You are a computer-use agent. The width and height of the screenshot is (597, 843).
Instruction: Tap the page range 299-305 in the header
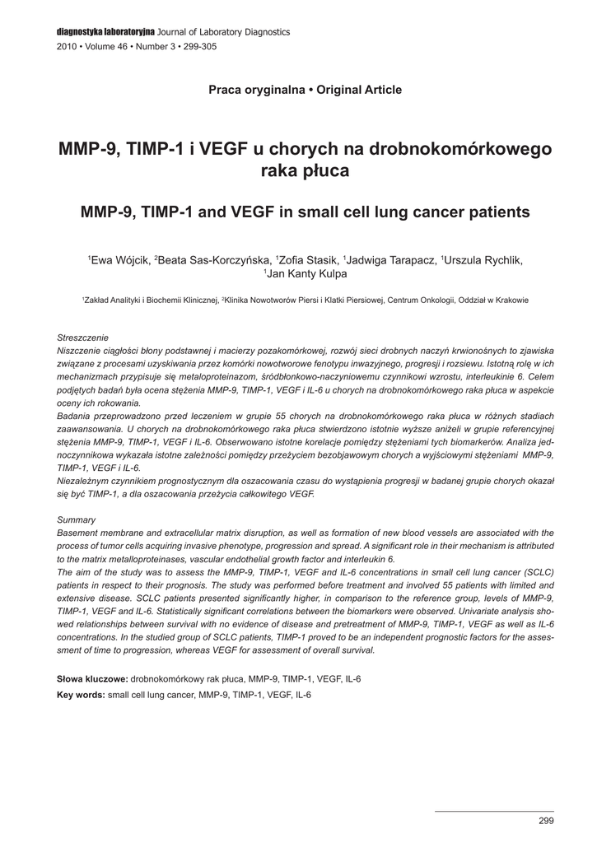198,47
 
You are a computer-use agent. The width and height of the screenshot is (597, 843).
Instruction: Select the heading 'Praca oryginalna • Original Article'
305,90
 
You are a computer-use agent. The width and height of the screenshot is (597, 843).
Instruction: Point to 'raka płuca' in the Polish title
305,171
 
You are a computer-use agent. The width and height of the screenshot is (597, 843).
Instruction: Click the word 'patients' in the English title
497,212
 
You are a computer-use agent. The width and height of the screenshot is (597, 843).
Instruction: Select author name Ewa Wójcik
120,261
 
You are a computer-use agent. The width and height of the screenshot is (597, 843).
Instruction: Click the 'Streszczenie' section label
83,338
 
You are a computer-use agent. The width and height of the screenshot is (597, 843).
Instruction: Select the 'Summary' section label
76,519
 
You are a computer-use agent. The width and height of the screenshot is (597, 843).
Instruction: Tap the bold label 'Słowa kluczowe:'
91,678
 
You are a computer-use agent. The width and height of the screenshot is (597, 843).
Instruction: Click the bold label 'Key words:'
81,695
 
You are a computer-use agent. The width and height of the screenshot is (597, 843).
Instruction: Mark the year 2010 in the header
66,47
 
